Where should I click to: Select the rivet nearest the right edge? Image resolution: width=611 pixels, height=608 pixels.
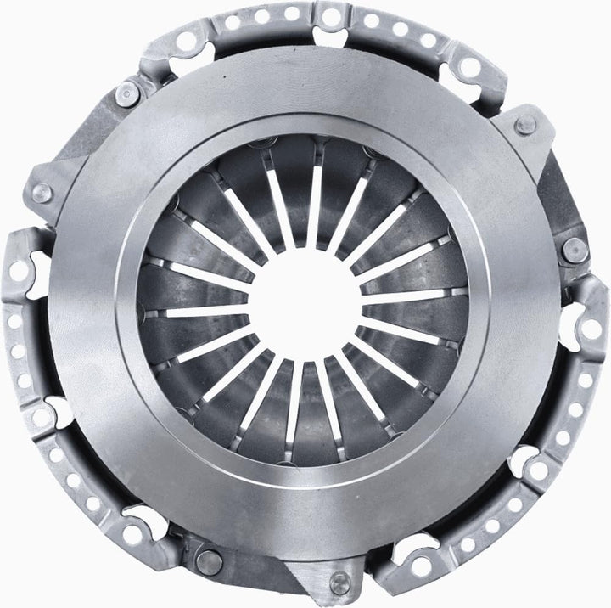[x=575, y=249]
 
